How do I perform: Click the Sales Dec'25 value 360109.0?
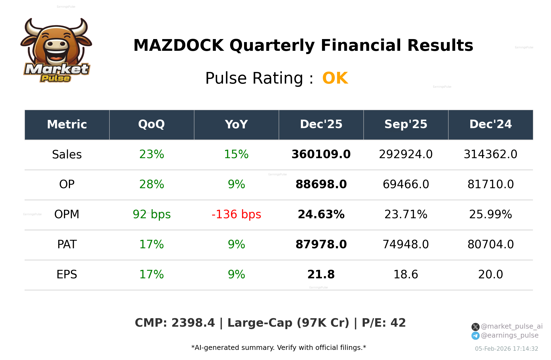tap(321, 154)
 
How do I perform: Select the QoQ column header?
tap(151, 124)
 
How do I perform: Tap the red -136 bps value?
tap(236, 214)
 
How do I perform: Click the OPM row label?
tap(67, 214)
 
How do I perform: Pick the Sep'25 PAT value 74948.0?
tap(406, 244)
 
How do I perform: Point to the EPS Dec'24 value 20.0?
tap(490, 275)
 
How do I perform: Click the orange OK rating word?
tap(335, 78)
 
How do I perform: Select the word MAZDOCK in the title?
tap(178, 45)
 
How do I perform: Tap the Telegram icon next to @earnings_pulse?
tap(475, 336)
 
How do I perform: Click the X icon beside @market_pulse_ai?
tap(475, 327)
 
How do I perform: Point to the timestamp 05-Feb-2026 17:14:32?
tap(506, 349)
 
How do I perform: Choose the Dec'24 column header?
tap(490, 124)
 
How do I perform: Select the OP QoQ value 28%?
tap(151, 184)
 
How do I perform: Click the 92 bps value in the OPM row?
tap(151, 214)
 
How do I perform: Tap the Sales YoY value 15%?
tap(236, 154)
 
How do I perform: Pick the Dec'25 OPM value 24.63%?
tap(321, 214)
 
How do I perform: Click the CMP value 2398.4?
tap(193, 323)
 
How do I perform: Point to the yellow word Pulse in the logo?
tap(55, 78)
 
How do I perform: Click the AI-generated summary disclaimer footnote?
tap(279, 348)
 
